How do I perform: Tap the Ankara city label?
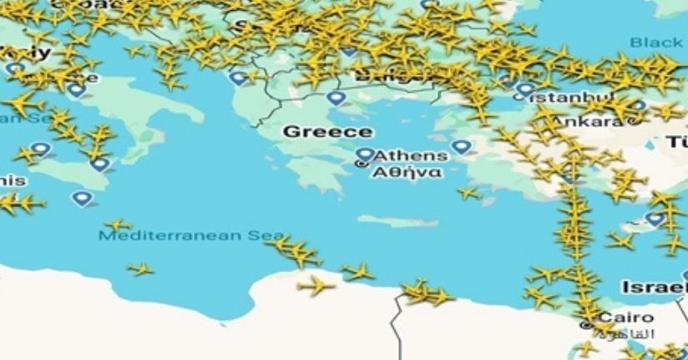595,120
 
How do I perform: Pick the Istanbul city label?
562,99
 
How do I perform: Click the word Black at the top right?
656,43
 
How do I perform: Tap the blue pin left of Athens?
365,155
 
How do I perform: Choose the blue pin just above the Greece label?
336,99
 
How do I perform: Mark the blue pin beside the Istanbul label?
525,89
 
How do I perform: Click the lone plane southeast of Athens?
469,194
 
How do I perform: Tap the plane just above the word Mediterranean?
118,225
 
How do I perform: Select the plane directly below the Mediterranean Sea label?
140,269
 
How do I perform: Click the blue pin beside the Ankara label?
640,106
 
